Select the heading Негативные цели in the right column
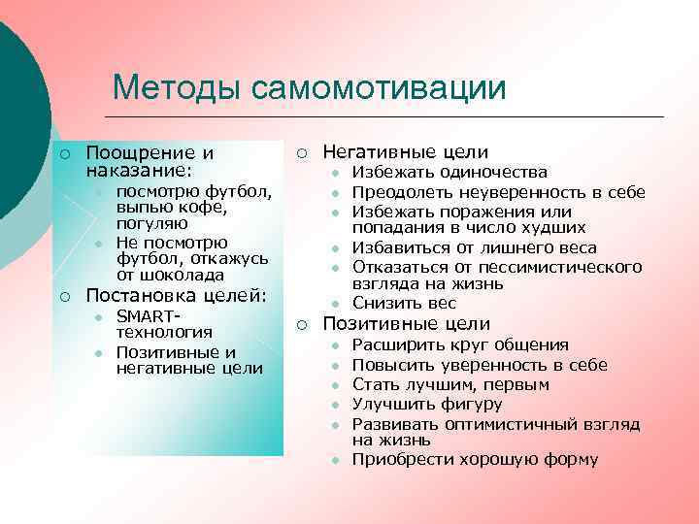405,152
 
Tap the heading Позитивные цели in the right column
406,324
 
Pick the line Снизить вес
404,303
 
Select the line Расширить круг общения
460,344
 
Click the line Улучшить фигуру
426,403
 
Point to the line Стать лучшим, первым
450,383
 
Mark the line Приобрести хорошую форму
475,459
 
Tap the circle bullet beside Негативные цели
302,153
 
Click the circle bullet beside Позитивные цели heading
302,325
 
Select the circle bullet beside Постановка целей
63,296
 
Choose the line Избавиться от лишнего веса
474,247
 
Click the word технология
164,332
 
